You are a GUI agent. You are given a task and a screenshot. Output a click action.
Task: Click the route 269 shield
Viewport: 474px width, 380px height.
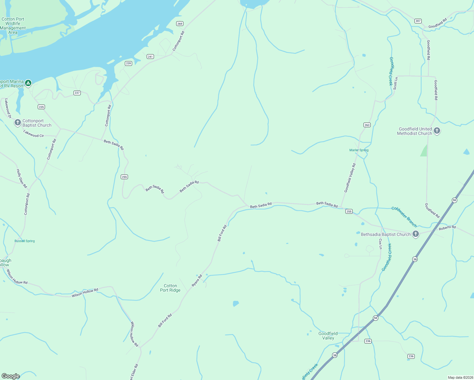click(x=180, y=24)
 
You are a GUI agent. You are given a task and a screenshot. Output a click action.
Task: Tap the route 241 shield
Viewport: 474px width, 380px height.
click(x=150, y=57)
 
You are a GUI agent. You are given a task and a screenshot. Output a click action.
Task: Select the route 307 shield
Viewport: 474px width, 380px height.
click(x=418, y=21)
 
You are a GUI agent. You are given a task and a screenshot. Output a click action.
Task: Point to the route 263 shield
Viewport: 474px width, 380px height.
click(x=367, y=125)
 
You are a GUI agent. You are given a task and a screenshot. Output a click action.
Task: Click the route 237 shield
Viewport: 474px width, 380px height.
click(x=77, y=93)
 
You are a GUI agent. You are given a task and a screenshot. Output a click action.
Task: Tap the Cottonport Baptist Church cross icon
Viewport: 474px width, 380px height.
click(x=18, y=122)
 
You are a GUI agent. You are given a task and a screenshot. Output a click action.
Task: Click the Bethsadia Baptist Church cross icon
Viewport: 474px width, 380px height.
click(x=416, y=234)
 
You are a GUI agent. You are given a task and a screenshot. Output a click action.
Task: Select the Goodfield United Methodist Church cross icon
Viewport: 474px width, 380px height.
click(x=437, y=130)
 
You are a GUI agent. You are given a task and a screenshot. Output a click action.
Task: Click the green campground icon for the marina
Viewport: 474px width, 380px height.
click(x=28, y=83)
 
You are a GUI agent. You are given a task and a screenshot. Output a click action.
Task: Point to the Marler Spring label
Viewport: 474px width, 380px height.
click(x=359, y=150)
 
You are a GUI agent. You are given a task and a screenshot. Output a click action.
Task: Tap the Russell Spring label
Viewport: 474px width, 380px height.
click(x=25, y=241)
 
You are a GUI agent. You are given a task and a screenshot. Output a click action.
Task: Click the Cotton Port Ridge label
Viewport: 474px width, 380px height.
click(x=170, y=288)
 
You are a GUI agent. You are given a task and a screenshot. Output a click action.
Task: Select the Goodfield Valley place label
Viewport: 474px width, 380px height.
click(x=328, y=336)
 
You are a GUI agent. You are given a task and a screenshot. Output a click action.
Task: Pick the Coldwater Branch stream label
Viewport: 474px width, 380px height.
click(x=404, y=217)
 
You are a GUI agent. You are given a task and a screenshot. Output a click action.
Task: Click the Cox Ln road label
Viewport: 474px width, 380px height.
click(x=381, y=244)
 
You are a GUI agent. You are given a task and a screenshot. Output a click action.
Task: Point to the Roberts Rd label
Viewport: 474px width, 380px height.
click(x=447, y=227)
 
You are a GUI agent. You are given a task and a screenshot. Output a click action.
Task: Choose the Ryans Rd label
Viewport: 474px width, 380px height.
click(x=197, y=281)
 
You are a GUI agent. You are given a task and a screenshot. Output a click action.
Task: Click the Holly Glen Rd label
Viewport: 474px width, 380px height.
click(x=22, y=179)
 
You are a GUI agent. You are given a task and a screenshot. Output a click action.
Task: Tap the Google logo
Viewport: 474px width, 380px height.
click(x=11, y=376)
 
